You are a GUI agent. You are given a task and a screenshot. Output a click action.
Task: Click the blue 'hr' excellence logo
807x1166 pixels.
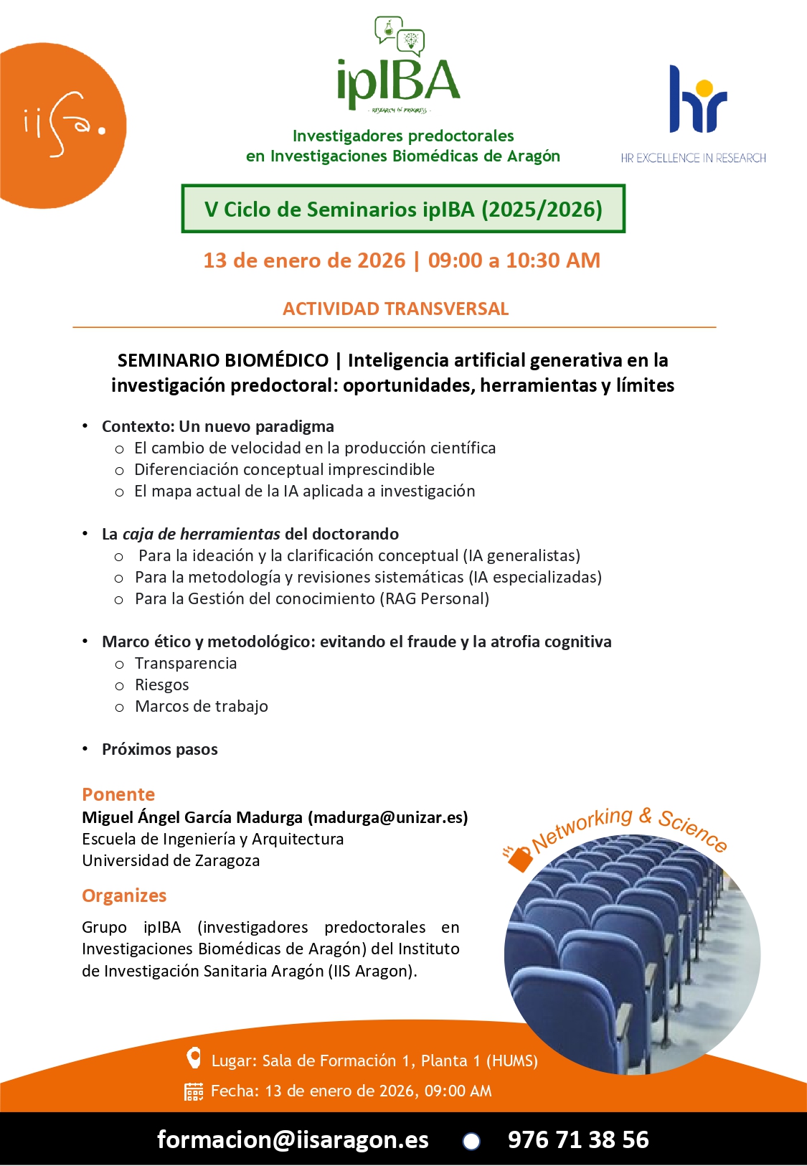tap(697, 100)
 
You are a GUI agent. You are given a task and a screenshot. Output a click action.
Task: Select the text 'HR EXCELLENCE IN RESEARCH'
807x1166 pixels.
tap(693, 158)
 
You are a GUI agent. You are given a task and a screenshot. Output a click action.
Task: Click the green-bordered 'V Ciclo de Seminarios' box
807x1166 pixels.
tap(403, 209)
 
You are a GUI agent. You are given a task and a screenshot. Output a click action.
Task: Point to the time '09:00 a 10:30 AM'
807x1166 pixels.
tap(514, 260)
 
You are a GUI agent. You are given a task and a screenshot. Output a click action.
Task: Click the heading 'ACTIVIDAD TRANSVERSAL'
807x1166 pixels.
tap(395, 309)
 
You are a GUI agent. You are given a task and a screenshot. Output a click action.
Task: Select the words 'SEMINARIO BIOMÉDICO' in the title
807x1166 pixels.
tap(222, 360)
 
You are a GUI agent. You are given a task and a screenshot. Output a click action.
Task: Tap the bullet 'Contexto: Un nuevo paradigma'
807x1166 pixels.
tap(217, 426)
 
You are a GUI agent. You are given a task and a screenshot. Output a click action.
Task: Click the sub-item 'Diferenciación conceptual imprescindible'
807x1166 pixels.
tap(284, 469)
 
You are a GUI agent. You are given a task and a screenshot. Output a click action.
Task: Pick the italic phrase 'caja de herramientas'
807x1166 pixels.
tap(201, 534)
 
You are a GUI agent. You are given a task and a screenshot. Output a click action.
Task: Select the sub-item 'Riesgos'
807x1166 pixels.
tap(162, 685)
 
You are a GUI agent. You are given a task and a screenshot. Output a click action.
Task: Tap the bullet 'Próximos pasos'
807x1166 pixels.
tap(159, 749)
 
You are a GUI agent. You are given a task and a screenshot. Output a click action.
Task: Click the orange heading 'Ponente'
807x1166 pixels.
tap(118, 794)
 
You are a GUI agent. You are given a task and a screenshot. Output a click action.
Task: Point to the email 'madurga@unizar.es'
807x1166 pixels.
tap(388, 817)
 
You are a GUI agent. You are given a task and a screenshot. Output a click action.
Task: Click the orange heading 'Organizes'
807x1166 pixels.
tap(124, 895)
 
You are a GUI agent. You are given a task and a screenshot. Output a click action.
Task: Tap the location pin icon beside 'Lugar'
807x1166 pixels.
tap(194, 1058)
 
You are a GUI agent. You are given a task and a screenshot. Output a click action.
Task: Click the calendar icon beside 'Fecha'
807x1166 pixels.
tap(194, 1091)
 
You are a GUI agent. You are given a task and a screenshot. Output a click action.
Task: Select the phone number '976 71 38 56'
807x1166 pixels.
tap(578, 1139)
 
